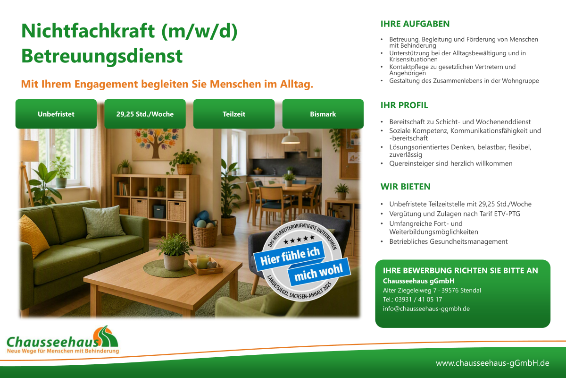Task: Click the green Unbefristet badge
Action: (x=56, y=114)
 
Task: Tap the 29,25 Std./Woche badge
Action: (x=145, y=114)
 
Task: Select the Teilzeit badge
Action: (x=234, y=114)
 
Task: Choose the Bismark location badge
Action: (x=323, y=114)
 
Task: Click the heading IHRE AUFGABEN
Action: (x=415, y=24)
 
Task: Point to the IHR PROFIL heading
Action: (x=404, y=105)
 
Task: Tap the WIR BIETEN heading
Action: (x=405, y=187)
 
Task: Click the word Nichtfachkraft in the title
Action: (x=88, y=31)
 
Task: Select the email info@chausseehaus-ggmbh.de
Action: (x=426, y=309)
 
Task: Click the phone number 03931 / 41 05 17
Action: (x=418, y=300)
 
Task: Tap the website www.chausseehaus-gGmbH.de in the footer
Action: (x=492, y=363)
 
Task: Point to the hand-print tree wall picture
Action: (x=156, y=144)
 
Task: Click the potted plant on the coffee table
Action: (x=174, y=252)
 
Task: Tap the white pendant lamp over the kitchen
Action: (x=291, y=137)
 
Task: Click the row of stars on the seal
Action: (x=299, y=239)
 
